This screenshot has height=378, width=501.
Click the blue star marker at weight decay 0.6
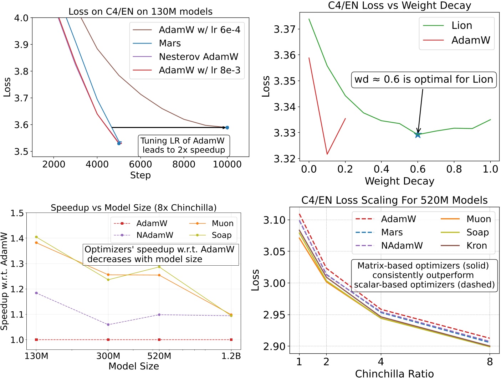pyautogui.click(x=418, y=134)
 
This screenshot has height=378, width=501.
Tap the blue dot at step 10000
pyautogui.click(x=227, y=128)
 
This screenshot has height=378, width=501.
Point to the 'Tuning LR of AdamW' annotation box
pyautogui.click(x=184, y=145)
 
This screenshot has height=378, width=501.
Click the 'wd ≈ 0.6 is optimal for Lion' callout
pyautogui.click(x=424, y=80)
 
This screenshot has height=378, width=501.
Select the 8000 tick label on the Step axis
pyautogui.click(x=184, y=164)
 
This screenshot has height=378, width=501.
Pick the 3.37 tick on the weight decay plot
pyautogui.click(x=285, y=29)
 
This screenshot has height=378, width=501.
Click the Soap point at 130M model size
pyautogui.click(x=36, y=237)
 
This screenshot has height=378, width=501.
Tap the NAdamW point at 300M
pyautogui.click(x=108, y=325)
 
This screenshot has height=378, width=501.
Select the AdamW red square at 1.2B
pyautogui.click(x=231, y=340)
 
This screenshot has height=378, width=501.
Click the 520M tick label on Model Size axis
pyautogui.click(x=159, y=356)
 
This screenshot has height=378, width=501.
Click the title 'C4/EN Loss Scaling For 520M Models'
pyautogui.click(x=394, y=200)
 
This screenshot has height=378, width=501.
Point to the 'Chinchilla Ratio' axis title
pyautogui.click(x=394, y=374)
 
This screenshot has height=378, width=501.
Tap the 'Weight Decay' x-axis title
pyautogui.click(x=399, y=181)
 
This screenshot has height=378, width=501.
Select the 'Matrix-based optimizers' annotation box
pyautogui.click(x=424, y=275)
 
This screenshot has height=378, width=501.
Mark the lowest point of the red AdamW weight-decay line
pyautogui.click(x=327, y=154)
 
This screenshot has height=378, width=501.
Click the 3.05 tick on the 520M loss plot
pyautogui.click(x=274, y=252)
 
